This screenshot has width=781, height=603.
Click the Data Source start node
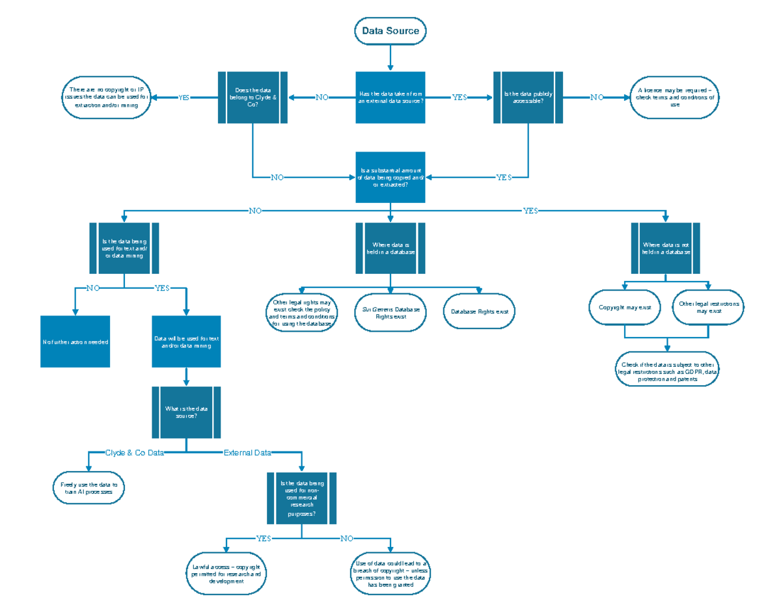click(390, 31)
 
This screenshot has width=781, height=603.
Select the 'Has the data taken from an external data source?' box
click(390, 97)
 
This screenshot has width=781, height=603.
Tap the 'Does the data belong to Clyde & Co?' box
click(253, 97)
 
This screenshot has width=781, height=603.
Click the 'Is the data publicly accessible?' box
click(528, 97)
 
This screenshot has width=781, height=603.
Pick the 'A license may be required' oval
click(675, 98)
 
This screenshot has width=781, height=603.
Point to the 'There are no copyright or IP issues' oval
click(106, 98)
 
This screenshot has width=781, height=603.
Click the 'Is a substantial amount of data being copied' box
click(390, 177)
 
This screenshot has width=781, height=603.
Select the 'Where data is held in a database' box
click(390, 248)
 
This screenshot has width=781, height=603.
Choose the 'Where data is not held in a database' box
click(666, 248)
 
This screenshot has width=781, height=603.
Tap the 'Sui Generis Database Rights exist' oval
click(390, 312)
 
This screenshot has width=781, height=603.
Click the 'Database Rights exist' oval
click(480, 312)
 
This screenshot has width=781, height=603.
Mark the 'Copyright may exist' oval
click(625, 307)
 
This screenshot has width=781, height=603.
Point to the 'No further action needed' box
click(75, 342)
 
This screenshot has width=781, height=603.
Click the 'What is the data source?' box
click(186, 412)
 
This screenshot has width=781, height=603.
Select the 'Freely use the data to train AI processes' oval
click(89, 489)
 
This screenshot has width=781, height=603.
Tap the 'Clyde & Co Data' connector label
click(135, 453)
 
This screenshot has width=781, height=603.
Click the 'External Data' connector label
click(247, 453)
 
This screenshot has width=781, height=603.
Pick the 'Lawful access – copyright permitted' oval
click(226, 574)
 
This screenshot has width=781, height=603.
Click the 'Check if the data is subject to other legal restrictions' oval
click(668, 372)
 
